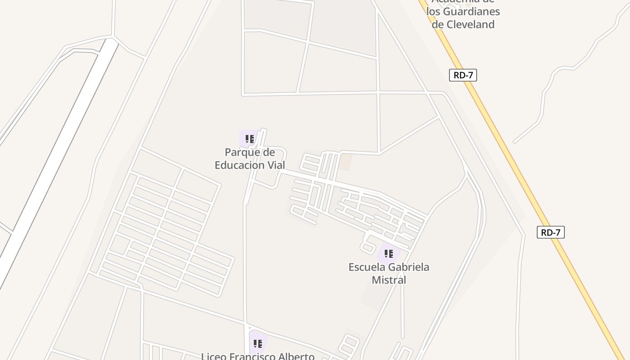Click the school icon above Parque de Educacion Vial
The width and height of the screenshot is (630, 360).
(250, 139)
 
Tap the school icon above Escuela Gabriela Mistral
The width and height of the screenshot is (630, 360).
(389, 254)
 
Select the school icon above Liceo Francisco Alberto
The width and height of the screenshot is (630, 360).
(258, 344)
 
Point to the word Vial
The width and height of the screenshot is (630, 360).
(276, 165)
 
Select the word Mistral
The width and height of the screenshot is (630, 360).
(389, 280)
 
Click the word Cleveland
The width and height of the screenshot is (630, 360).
(463, 24)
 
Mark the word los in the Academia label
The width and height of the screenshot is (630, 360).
(434, 12)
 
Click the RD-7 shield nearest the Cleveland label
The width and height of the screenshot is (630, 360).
(463, 75)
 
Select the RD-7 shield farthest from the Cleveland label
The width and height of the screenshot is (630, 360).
(550, 232)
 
